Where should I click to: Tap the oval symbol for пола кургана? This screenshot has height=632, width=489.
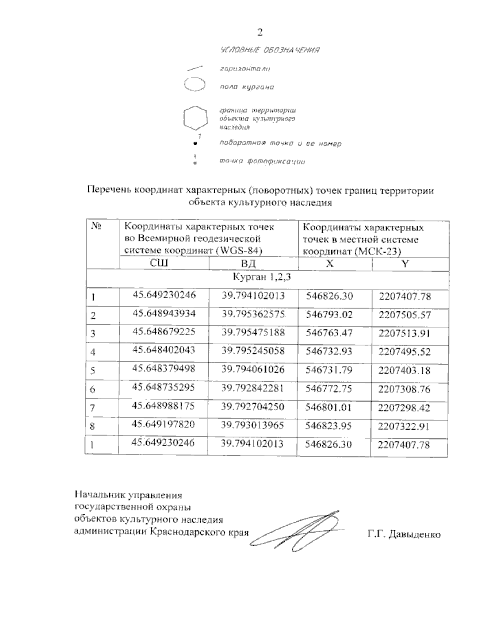pyautogui.click(x=194, y=86)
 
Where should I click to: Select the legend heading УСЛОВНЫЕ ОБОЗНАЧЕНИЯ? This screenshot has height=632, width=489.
pyautogui.click(x=269, y=50)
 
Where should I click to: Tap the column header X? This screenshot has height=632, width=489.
pyautogui.click(x=330, y=264)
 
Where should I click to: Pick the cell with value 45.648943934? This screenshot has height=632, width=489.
pyautogui.click(x=164, y=313)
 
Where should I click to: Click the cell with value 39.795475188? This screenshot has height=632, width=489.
pyautogui.click(x=253, y=332)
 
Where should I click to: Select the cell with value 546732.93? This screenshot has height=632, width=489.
pyautogui.click(x=329, y=351)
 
